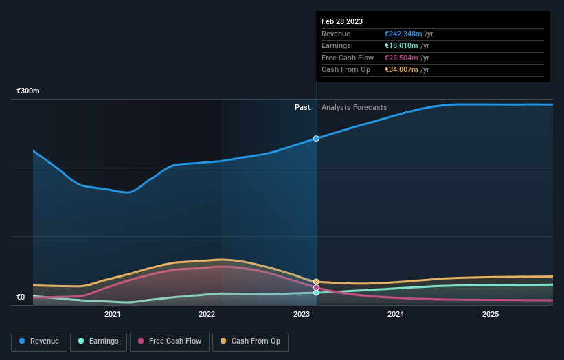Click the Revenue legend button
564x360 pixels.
coord(39,341)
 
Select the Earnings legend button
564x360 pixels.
coord(98,341)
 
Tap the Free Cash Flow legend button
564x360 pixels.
coord(170,341)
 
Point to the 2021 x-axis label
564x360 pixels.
coord(113,314)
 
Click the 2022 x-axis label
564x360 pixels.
coord(207,314)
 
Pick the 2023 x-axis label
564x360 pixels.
coord(302,314)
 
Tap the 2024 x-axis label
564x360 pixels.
coord(396,314)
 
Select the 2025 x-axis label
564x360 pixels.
coord(490,314)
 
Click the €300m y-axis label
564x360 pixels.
coord(28,91)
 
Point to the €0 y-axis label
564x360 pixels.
coord(21,297)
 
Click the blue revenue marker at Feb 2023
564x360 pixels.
coord(316,139)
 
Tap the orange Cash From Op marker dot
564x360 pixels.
coord(316,282)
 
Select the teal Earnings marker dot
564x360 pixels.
coord(316,293)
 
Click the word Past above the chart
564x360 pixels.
coord(302,108)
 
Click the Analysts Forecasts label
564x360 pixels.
coord(354,108)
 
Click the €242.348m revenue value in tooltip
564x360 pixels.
coord(403,34)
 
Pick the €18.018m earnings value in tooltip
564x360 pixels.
coord(401,46)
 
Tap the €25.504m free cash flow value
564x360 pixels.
coord(401,58)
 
